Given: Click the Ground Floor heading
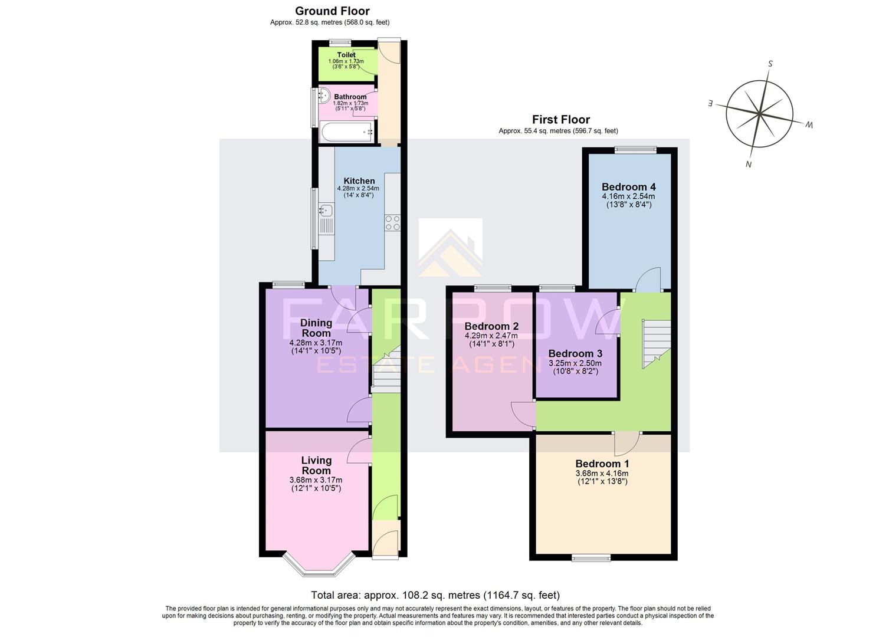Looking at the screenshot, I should [x=332, y=11].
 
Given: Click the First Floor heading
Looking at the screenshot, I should [x=560, y=120].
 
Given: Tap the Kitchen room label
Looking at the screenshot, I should [x=359, y=181].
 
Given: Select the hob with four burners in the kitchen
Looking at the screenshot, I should [x=392, y=222].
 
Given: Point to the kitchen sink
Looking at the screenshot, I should [x=326, y=210].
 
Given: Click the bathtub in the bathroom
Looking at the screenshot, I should [x=346, y=132].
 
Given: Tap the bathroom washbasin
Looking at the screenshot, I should [x=323, y=95].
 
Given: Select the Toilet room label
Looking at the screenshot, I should [x=346, y=55].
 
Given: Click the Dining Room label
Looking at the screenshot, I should [x=316, y=328].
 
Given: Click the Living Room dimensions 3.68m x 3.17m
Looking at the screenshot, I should [x=316, y=480].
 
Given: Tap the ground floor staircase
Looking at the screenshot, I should [x=386, y=372].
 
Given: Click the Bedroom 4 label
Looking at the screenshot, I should [x=628, y=187].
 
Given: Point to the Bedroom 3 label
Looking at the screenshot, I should [x=575, y=354].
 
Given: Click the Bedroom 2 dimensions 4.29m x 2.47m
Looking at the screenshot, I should [x=491, y=336].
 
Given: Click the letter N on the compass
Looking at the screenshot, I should [x=749, y=165].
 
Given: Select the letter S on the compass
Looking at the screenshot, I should [x=770, y=64].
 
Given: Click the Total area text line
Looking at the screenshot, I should [x=435, y=595].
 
